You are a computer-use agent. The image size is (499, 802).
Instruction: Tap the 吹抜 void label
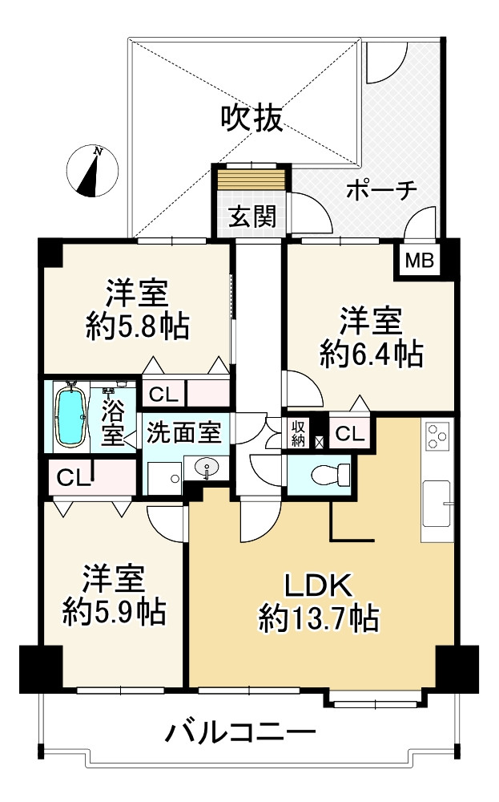252,119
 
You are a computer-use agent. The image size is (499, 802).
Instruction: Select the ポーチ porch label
382,190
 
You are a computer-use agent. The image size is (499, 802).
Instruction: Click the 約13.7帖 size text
318,618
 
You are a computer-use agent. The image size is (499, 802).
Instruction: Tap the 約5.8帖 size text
137,326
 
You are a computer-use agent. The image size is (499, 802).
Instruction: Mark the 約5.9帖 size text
115,612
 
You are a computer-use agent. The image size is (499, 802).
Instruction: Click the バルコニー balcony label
241,732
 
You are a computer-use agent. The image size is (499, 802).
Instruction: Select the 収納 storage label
297,434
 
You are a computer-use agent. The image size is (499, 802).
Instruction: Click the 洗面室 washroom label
183,433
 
